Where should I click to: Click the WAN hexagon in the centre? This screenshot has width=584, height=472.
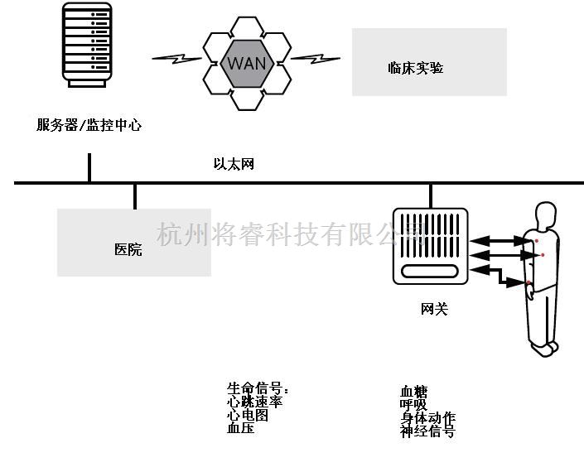[246, 62]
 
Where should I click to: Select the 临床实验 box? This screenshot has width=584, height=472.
[428, 63]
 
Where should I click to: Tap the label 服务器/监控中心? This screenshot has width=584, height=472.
[89, 126]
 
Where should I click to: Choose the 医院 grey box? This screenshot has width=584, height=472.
[133, 243]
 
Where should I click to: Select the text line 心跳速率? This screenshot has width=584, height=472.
[255, 402]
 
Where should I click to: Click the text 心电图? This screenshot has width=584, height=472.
[248, 415]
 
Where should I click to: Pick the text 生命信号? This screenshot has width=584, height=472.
[257, 388]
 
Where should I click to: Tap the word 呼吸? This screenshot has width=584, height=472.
[413, 405]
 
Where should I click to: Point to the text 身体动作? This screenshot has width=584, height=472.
[427, 418]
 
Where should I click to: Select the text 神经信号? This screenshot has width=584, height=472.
[427, 431]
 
